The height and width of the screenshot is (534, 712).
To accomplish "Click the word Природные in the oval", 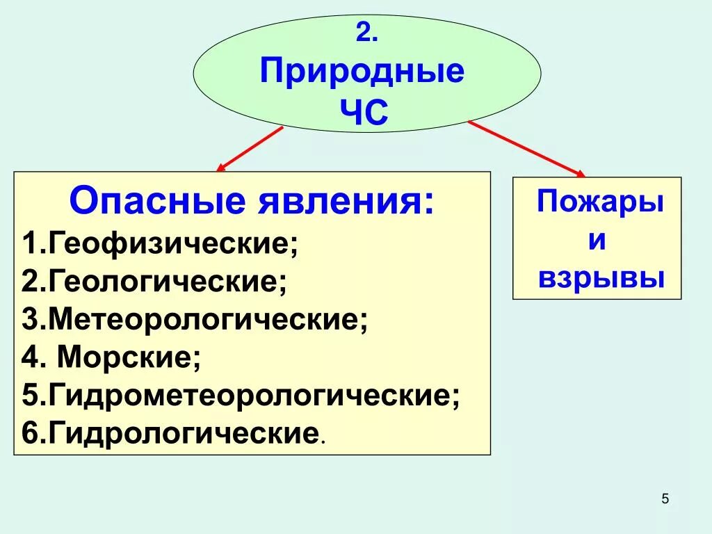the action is [x=362, y=72].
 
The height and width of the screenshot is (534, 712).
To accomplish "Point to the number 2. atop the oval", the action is [x=366, y=33].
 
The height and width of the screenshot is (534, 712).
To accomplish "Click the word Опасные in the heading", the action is [x=158, y=202].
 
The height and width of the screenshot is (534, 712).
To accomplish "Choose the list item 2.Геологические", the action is [x=154, y=283].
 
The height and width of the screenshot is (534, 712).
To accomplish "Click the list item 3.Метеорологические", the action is [x=195, y=321].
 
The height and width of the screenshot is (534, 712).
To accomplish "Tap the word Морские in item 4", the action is [x=128, y=359].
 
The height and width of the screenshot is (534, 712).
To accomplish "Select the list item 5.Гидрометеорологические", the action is [x=241, y=396].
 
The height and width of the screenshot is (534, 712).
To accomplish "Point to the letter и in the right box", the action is [x=597, y=241].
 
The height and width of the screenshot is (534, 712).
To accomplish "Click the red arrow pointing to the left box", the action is [x=250, y=149].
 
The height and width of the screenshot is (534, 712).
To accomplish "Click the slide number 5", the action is [x=665, y=499].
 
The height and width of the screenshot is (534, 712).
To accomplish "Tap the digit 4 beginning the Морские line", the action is [x=29, y=359].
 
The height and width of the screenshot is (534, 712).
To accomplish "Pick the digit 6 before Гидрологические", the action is [x=29, y=435].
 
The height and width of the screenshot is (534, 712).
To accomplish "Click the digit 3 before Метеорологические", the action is [x=29, y=321].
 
